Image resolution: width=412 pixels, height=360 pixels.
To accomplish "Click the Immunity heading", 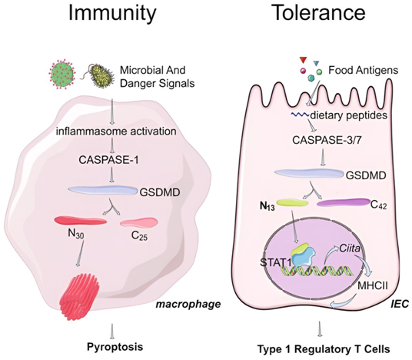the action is [x=112, y=14].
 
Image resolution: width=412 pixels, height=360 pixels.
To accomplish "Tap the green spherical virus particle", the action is [x=62, y=72].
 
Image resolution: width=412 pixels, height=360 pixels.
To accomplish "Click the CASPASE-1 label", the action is [x=108, y=160].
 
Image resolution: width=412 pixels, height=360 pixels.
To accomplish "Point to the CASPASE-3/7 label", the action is [x=327, y=140].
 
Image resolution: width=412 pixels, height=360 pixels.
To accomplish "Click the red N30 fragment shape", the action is [x=81, y=220].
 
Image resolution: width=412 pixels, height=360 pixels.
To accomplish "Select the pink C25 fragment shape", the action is [x=139, y=222].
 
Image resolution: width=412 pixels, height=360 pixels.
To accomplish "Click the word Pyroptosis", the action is [x=115, y=347].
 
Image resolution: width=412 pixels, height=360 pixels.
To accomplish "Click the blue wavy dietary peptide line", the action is [x=300, y=115].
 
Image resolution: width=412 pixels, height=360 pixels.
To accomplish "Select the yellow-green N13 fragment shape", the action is [x=292, y=202].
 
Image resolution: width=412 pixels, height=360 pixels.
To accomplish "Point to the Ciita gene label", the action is [x=350, y=248].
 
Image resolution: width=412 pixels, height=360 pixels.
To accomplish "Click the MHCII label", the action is [x=373, y=286].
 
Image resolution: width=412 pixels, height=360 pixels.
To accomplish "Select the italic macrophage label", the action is [x=188, y=305].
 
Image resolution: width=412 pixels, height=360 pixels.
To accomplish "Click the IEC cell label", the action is [x=400, y=304].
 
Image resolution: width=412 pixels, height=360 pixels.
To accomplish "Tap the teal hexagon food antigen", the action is [x=311, y=78].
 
